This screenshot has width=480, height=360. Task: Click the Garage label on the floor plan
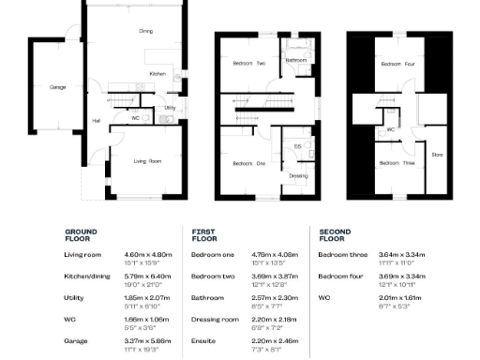(x=57, y=87)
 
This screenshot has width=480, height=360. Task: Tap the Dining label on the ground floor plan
(x=145, y=31)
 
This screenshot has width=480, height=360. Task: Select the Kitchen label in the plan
(x=157, y=73)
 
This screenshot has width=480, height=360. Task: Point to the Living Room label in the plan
(x=146, y=161)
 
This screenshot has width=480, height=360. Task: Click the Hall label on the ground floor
(x=96, y=120)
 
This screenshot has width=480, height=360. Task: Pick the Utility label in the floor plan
(x=170, y=108)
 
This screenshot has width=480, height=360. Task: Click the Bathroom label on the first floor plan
(x=297, y=60)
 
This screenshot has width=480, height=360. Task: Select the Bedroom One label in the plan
(x=249, y=163)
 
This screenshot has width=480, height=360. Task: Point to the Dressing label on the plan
(x=298, y=175)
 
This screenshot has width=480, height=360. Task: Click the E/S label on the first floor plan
(x=297, y=146)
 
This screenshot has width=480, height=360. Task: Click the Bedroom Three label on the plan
(x=396, y=162)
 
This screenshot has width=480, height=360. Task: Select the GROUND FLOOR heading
(x=81, y=234)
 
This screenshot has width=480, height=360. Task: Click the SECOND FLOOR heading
(x=335, y=234)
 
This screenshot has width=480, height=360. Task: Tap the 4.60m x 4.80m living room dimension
(x=144, y=254)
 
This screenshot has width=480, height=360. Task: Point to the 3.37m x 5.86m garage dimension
(x=144, y=340)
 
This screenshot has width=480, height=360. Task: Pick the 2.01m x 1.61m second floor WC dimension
(x=399, y=297)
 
